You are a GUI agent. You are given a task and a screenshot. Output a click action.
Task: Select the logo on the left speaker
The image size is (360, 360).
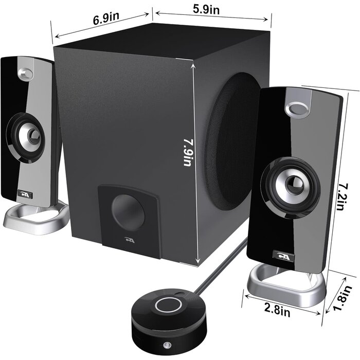23,194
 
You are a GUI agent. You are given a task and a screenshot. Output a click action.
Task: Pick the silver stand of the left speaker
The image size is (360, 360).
36,216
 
